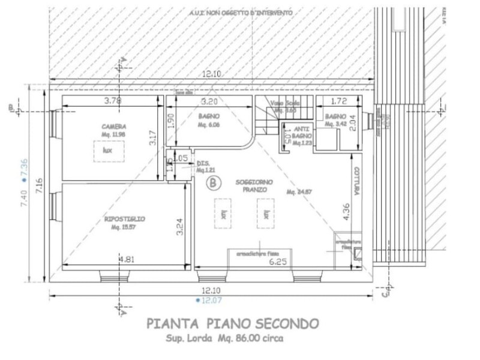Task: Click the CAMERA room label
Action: [113, 127]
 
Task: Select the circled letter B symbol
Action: [211, 182]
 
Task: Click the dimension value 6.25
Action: [277, 262]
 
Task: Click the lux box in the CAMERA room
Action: [108, 151]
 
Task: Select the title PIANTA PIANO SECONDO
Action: [233, 324]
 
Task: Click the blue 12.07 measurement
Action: [211, 299]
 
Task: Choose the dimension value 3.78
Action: [113, 101]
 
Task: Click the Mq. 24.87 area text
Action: [298, 192]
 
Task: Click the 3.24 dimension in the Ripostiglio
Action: [179, 226]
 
